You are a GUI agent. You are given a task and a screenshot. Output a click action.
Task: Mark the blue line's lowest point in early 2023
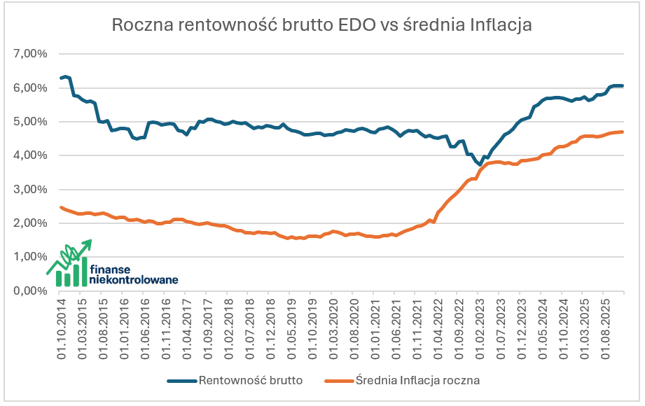tap(480, 166)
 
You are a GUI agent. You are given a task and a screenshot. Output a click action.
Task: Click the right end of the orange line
tap(623, 132)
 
